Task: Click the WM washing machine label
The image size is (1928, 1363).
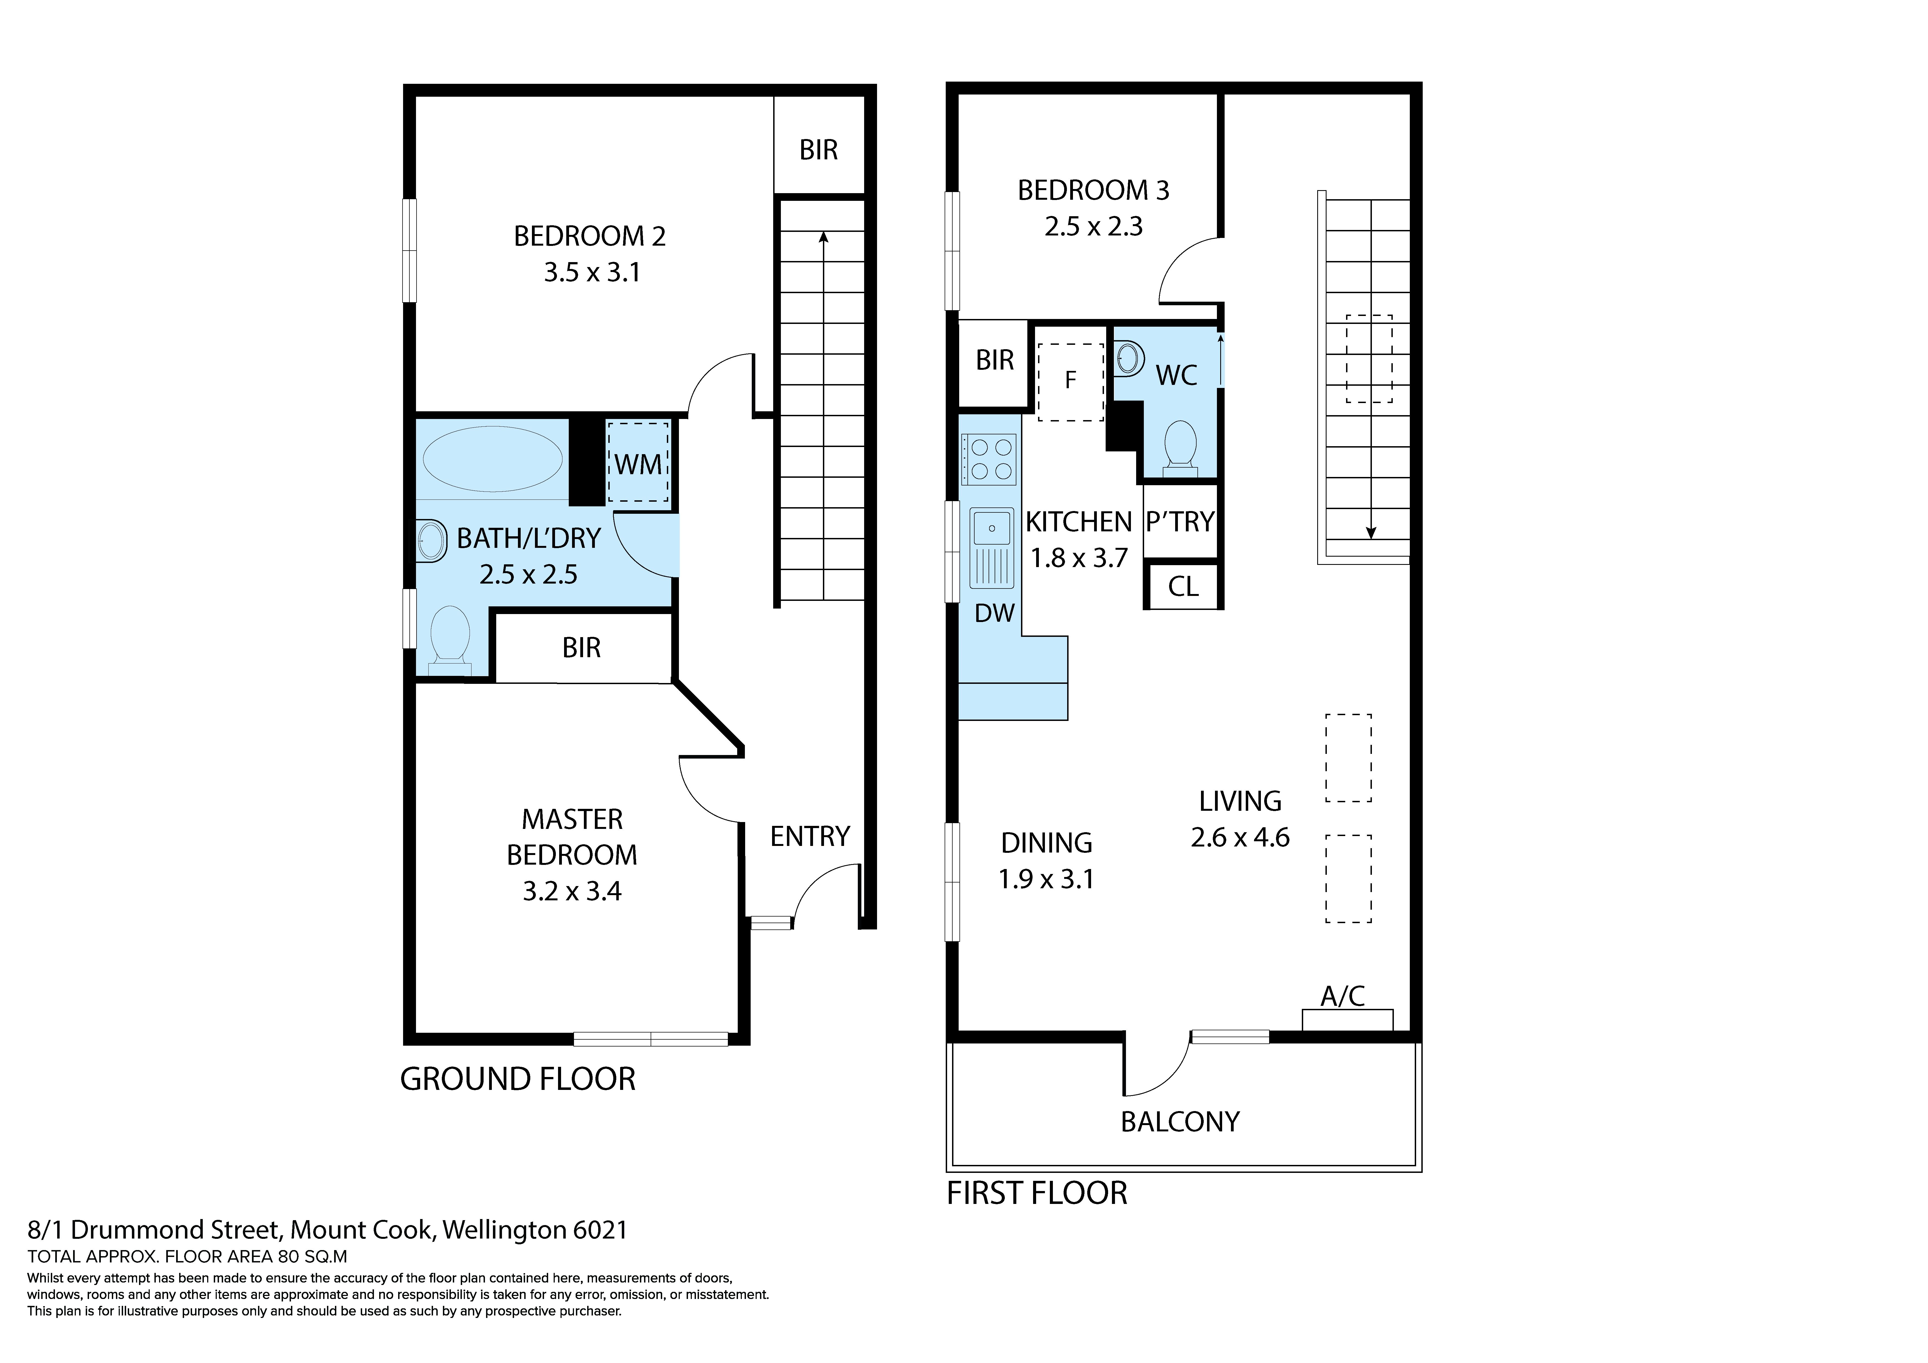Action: [x=638, y=464]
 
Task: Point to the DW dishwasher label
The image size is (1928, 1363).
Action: [x=995, y=613]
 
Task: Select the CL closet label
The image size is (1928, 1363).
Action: [x=1183, y=586]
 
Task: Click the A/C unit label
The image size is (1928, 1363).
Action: [x=1343, y=996]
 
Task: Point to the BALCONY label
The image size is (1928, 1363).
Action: [x=1180, y=1122]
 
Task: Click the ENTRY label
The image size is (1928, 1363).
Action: [x=810, y=836]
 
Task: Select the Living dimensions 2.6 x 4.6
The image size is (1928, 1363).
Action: [x=1240, y=837]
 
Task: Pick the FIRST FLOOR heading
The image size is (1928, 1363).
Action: [x=1037, y=1193]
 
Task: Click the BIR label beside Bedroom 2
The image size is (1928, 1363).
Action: [x=819, y=150]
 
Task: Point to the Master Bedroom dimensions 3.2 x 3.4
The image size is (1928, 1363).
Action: [x=572, y=891]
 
